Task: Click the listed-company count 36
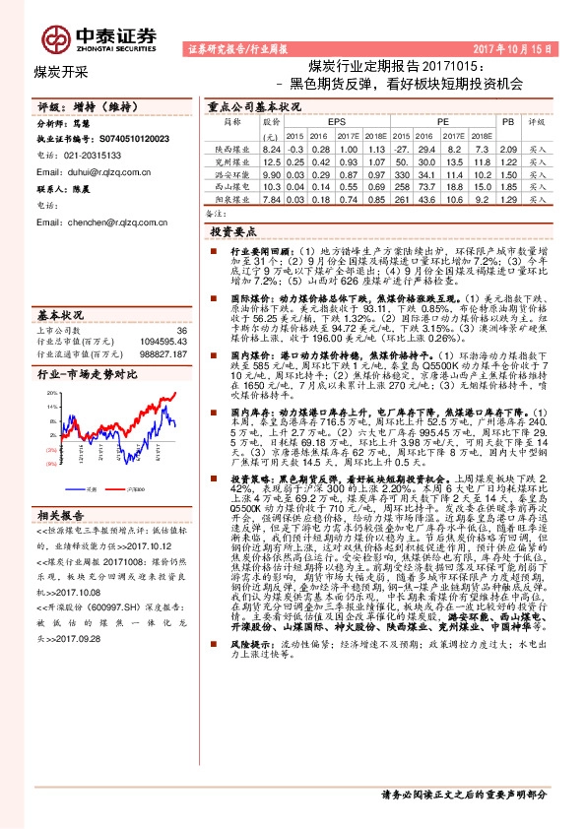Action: click(180, 330)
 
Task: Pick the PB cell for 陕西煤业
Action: click(508, 148)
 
